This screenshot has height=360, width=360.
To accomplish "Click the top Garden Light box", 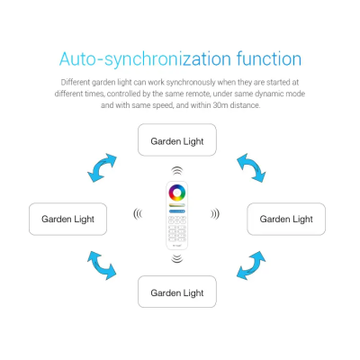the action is (x=177, y=139).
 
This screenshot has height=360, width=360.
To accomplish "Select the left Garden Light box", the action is (x=67, y=219).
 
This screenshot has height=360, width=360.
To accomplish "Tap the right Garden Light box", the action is (x=286, y=219).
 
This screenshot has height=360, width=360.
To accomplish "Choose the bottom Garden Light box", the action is (x=177, y=292).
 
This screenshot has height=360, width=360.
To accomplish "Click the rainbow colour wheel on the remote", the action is (x=177, y=193).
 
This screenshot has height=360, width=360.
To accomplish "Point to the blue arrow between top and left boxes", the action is (x=102, y=167).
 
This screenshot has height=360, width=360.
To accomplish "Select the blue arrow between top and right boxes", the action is (x=251, y=167).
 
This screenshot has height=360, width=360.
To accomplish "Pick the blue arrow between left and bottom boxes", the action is (x=102, y=265).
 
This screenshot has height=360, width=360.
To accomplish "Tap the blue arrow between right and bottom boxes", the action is (x=251, y=265).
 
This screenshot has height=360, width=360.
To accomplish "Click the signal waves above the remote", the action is (x=177, y=171).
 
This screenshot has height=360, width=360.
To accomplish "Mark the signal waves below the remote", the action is (x=177, y=258).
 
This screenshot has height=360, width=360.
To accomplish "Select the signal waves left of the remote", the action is (x=138, y=214).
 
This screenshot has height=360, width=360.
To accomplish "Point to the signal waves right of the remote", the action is (x=215, y=214).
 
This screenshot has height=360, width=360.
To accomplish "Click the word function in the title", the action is (x=269, y=58).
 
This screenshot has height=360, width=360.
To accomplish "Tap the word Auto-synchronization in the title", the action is (x=145, y=59).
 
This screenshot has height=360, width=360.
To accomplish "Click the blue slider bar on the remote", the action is (x=177, y=211).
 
